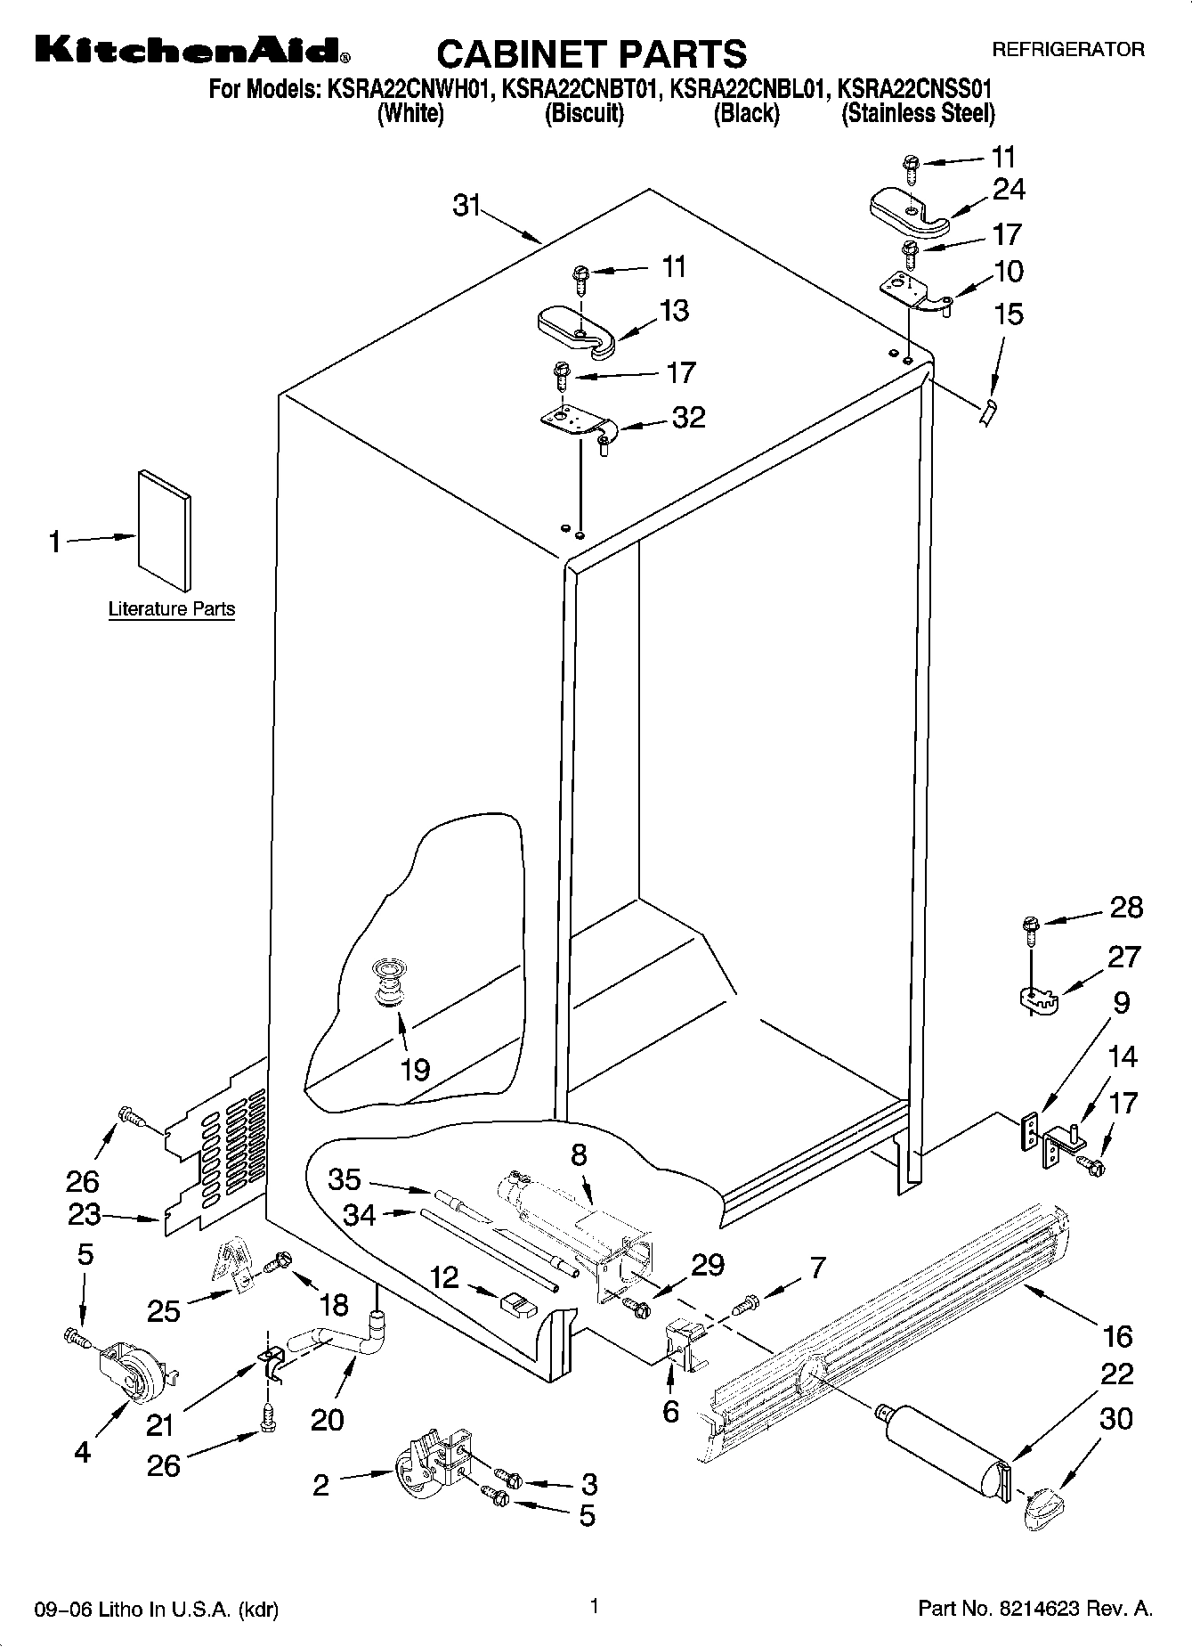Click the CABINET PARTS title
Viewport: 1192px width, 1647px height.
tap(591, 53)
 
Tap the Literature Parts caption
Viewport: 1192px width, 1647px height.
tap(172, 609)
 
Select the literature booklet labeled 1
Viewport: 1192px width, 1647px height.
tap(164, 531)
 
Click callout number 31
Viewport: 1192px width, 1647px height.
tap(466, 207)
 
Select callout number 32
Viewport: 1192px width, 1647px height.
tap(688, 417)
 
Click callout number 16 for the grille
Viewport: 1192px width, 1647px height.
tap(1117, 1335)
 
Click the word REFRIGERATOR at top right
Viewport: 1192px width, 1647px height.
tap(1067, 50)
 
